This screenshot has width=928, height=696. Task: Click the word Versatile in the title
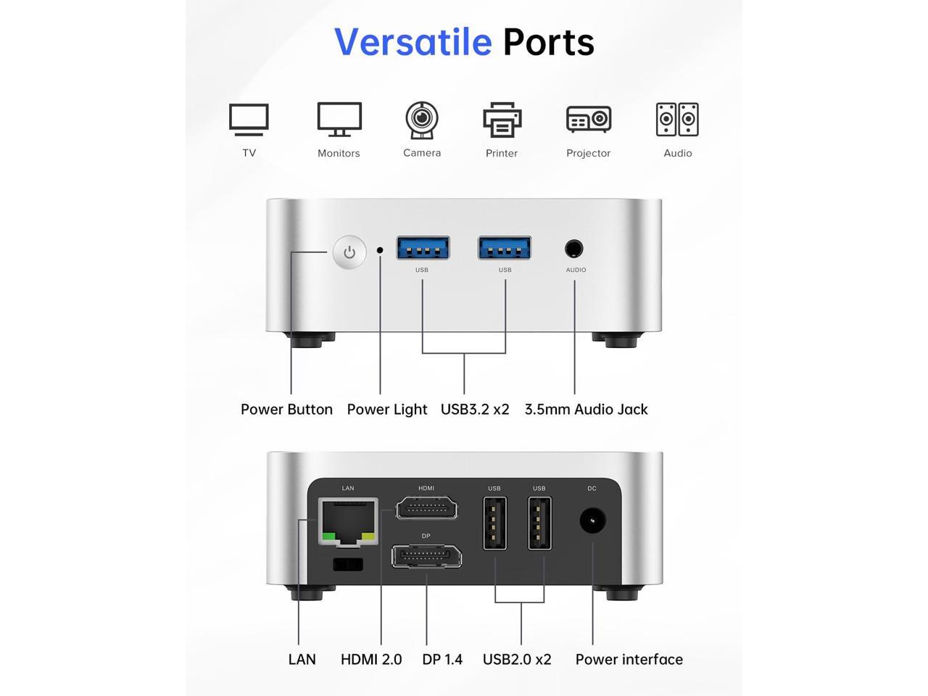tap(413, 42)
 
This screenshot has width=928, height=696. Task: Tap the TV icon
tap(249, 120)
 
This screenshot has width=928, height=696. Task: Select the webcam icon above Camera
tap(422, 120)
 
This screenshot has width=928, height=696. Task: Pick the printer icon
tap(502, 120)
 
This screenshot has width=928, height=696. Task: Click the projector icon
tap(589, 120)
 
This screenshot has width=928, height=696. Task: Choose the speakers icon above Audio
tap(677, 120)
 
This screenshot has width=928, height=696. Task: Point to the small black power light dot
tap(380, 250)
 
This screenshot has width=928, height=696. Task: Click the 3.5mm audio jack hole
tap(573, 249)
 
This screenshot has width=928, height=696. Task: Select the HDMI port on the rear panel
tap(426, 507)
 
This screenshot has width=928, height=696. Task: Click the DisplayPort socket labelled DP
tap(426, 557)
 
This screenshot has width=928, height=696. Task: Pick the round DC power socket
tap(592, 521)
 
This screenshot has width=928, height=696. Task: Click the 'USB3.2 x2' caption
tap(475, 409)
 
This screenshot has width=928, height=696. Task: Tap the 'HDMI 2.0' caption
tap(371, 659)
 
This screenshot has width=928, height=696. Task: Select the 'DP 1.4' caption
tap(442, 659)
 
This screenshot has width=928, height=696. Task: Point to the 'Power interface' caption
tap(629, 659)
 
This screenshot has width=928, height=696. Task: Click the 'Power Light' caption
tap(387, 409)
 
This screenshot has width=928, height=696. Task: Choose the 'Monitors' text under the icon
tap(339, 153)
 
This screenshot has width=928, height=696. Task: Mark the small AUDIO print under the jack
tap(576, 270)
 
